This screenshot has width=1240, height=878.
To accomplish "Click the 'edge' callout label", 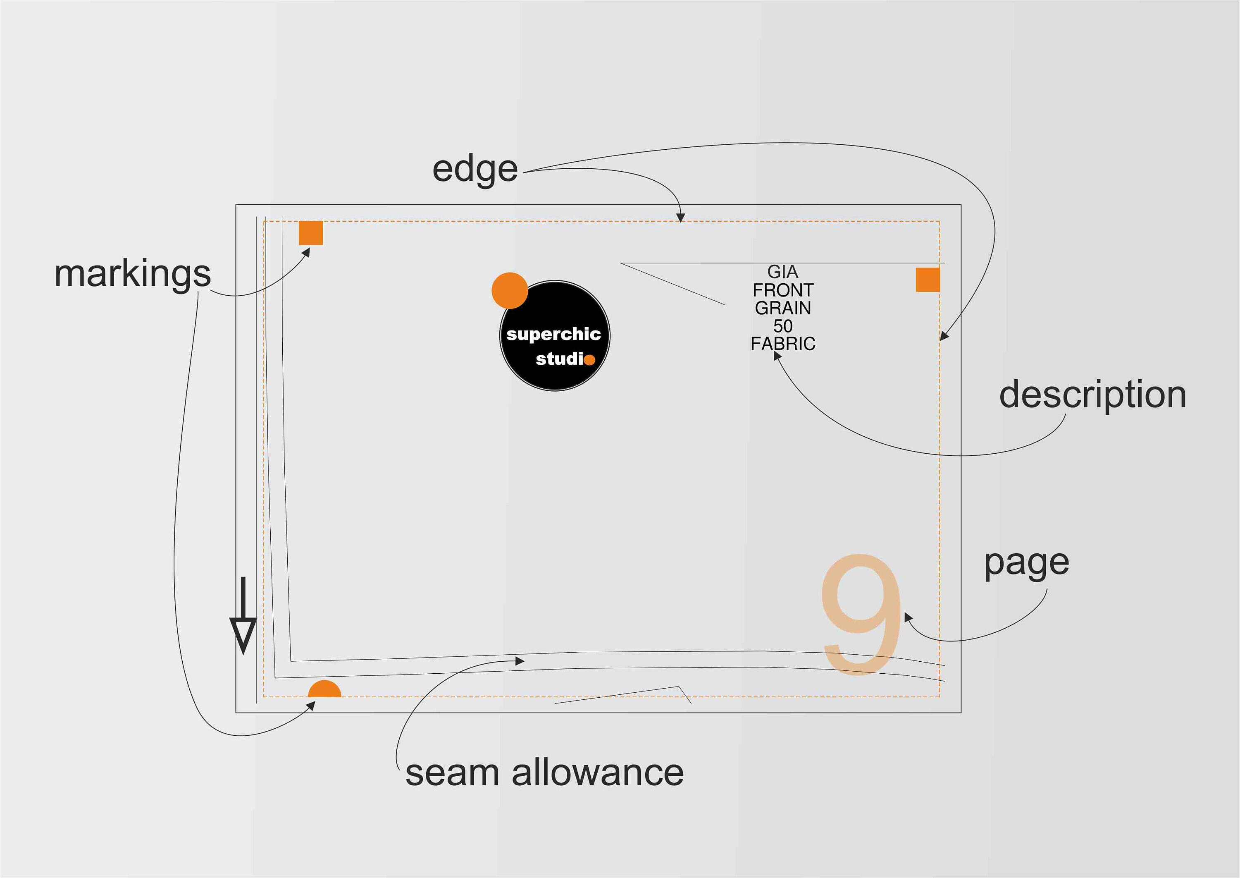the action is (475, 169).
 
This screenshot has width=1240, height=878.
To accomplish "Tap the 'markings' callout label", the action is (132, 274).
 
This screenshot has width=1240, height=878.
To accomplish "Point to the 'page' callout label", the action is (1027, 563).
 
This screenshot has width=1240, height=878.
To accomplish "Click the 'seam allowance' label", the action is (544, 772).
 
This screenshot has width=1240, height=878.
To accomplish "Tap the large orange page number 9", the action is (861, 615).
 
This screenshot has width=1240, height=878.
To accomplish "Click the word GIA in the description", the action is (782, 271).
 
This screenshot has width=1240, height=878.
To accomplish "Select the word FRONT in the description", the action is (783, 290).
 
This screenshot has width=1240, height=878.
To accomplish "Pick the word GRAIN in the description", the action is (783, 308).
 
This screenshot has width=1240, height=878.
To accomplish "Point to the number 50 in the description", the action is (783, 326).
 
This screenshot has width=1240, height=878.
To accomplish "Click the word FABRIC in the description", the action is (783, 344).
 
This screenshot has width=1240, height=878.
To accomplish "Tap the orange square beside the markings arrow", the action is (311, 233).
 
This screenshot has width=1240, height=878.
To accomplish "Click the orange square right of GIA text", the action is (928, 280).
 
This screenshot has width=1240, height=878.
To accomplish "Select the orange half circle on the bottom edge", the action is (325, 690).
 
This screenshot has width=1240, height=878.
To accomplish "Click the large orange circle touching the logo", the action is (510, 291).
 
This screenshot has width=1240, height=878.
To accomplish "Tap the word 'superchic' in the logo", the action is (553, 335).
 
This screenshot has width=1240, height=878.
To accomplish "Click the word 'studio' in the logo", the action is (565, 359).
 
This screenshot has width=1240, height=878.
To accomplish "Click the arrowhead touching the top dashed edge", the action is (681, 218).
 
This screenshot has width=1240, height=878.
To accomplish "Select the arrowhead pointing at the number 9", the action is (908, 617).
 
